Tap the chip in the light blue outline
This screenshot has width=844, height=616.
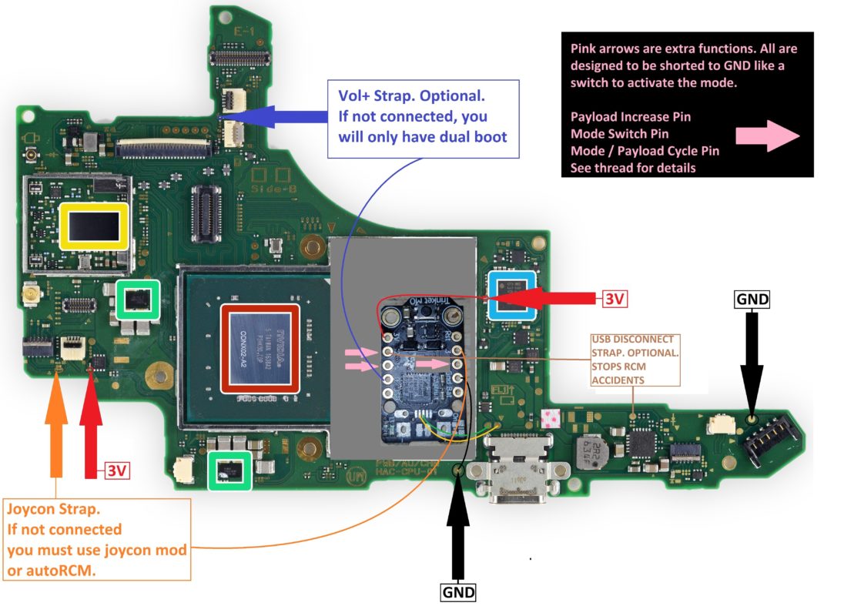(512, 295)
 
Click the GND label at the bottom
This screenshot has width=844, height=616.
(457, 592)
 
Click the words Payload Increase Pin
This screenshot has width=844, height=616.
(631, 117)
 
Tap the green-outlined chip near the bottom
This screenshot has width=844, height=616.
(230, 470)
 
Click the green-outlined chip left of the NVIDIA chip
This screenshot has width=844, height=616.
(138, 299)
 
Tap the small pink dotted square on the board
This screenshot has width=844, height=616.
(549, 419)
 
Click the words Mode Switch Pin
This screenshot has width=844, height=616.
(619, 134)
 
